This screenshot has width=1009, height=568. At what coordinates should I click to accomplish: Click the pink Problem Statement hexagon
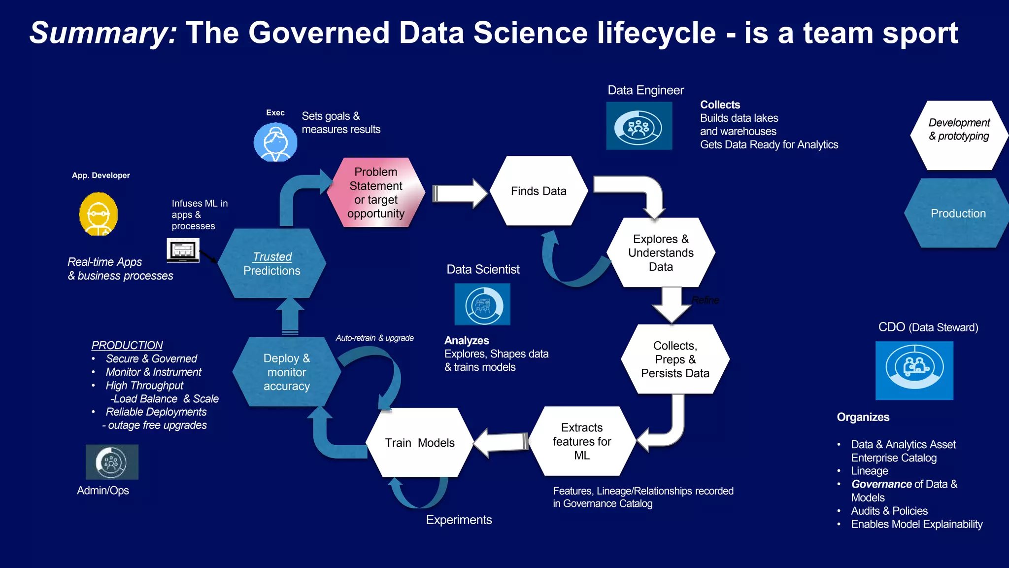[376, 192]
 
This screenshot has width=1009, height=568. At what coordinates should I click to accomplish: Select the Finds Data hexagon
[538, 191]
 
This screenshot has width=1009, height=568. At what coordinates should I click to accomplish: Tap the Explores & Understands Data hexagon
[661, 252]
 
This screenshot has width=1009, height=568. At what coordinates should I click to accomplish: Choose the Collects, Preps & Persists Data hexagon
[675, 359]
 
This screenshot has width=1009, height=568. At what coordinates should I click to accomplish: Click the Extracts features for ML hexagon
[582, 441]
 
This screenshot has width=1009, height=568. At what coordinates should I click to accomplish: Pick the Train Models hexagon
[420, 443]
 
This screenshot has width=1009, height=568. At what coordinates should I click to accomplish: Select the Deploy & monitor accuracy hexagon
[287, 372]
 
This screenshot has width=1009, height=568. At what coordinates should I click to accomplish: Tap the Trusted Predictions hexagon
[272, 264]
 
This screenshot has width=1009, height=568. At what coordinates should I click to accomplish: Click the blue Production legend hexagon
[958, 213]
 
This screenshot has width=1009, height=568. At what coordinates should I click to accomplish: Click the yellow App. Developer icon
[99, 214]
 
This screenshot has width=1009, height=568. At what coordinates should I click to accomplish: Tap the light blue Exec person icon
[275, 142]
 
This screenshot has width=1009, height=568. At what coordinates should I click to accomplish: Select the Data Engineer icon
[639, 126]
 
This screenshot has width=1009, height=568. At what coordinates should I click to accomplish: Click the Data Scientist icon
[482, 304]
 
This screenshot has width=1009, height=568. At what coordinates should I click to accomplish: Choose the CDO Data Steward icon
[914, 370]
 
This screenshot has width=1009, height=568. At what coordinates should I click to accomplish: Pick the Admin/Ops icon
[112, 462]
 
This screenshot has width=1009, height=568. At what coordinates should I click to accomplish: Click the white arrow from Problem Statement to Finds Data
[459, 193]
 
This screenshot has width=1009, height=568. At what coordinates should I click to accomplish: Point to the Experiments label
[459, 520]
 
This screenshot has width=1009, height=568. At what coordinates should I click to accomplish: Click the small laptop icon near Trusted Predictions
[183, 250]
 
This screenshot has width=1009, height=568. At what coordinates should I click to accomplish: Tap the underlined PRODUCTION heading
[127, 345]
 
